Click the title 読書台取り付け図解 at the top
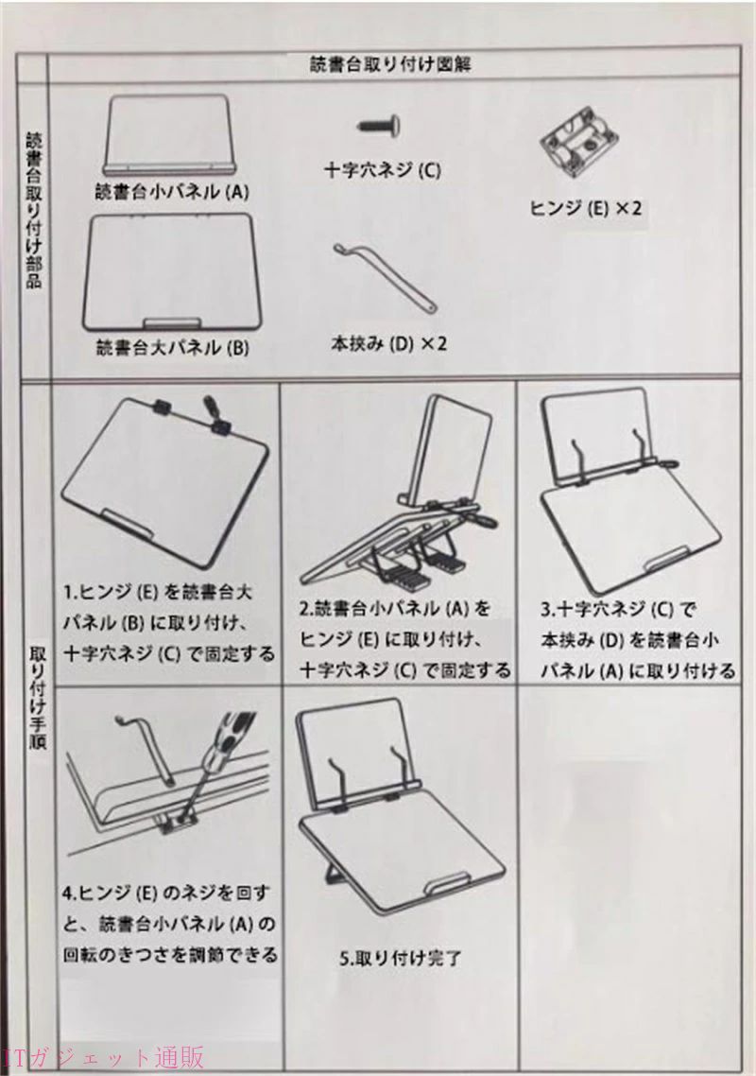[x=389, y=65]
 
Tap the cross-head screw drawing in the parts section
[x=379, y=127]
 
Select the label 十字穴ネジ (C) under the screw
[x=382, y=169]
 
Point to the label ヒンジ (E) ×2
[x=585, y=208]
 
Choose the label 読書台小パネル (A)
[x=171, y=192]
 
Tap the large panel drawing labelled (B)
[x=168, y=271]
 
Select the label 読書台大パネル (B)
[x=171, y=348]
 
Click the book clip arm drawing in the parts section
[x=385, y=277]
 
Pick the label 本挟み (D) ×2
[x=388, y=343]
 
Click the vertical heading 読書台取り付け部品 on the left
[x=34, y=209]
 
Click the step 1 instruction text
[x=168, y=622]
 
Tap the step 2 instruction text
[x=404, y=639]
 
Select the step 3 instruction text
[x=637, y=639]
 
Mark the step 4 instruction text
[x=169, y=924]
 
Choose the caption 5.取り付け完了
[x=401, y=958]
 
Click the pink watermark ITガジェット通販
[x=103, y=1057]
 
